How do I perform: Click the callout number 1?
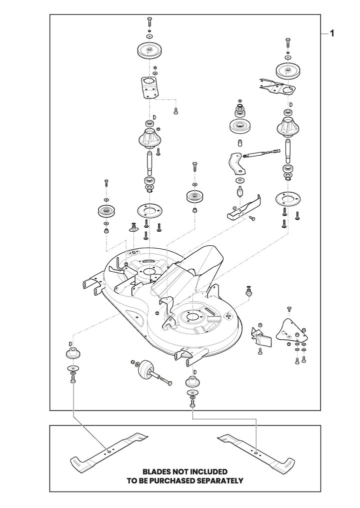[x=331, y=34]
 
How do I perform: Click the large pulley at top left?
[x=150, y=51]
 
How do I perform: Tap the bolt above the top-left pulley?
[x=149, y=22]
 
